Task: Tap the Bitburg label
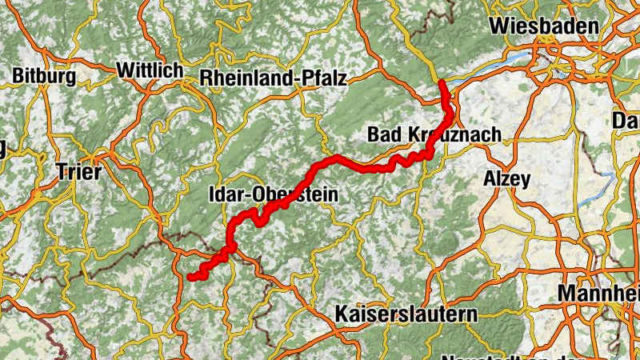44,76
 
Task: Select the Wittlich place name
150,70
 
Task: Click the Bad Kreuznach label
434,134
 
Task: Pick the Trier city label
79,171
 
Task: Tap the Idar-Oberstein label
273,194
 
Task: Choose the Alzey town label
506,179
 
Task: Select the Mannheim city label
599,293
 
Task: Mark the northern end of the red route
442,82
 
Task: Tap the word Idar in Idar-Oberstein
226,194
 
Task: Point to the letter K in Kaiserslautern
343,311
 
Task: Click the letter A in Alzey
489,179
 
